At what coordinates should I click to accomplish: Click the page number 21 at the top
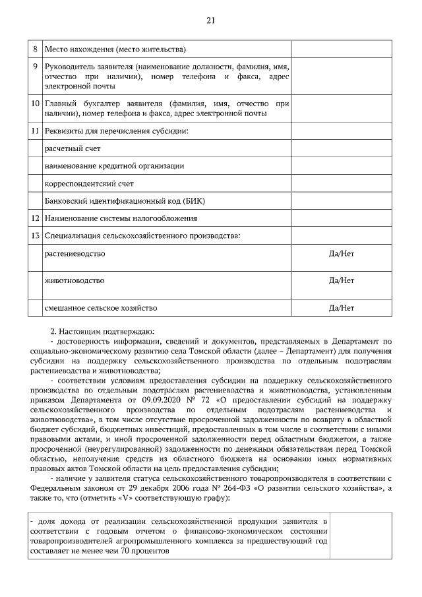tap(211, 20)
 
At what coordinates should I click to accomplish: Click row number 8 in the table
tap(36, 49)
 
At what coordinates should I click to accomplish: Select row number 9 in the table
tap(36, 67)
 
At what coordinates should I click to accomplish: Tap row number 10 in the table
tap(36, 104)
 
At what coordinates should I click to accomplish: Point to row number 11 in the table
tap(36, 131)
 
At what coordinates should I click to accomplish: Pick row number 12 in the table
tap(36, 218)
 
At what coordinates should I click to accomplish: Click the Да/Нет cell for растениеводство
tap(341, 253)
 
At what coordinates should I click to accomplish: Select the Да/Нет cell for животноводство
tap(341, 280)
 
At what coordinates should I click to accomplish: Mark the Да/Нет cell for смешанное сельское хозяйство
tap(341, 307)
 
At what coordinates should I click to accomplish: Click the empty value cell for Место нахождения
tap(341, 49)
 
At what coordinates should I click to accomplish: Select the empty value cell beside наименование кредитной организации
tap(341, 166)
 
